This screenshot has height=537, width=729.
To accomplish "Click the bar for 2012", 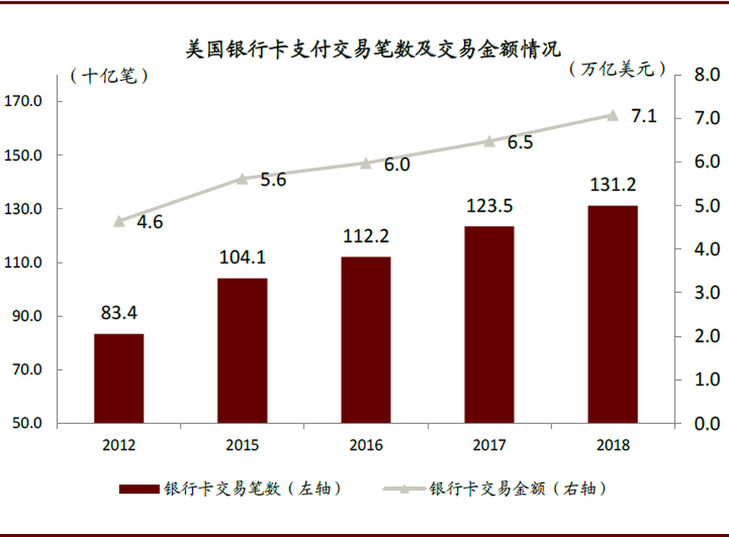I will (x=118, y=378).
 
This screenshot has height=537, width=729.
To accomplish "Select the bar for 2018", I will (x=612, y=314).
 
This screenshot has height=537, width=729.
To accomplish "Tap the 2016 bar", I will (x=365, y=340).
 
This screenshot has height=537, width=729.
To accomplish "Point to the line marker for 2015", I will (x=242, y=179).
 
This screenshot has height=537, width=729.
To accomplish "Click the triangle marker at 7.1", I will (x=612, y=115).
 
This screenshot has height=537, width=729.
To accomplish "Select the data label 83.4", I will (x=118, y=312).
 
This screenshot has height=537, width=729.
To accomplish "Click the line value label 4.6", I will (x=150, y=223).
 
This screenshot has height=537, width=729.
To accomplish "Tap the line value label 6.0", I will (x=396, y=165).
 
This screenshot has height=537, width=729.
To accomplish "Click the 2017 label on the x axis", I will (x=488, y=445).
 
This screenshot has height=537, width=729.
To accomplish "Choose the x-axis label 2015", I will (x=242, y=445).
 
